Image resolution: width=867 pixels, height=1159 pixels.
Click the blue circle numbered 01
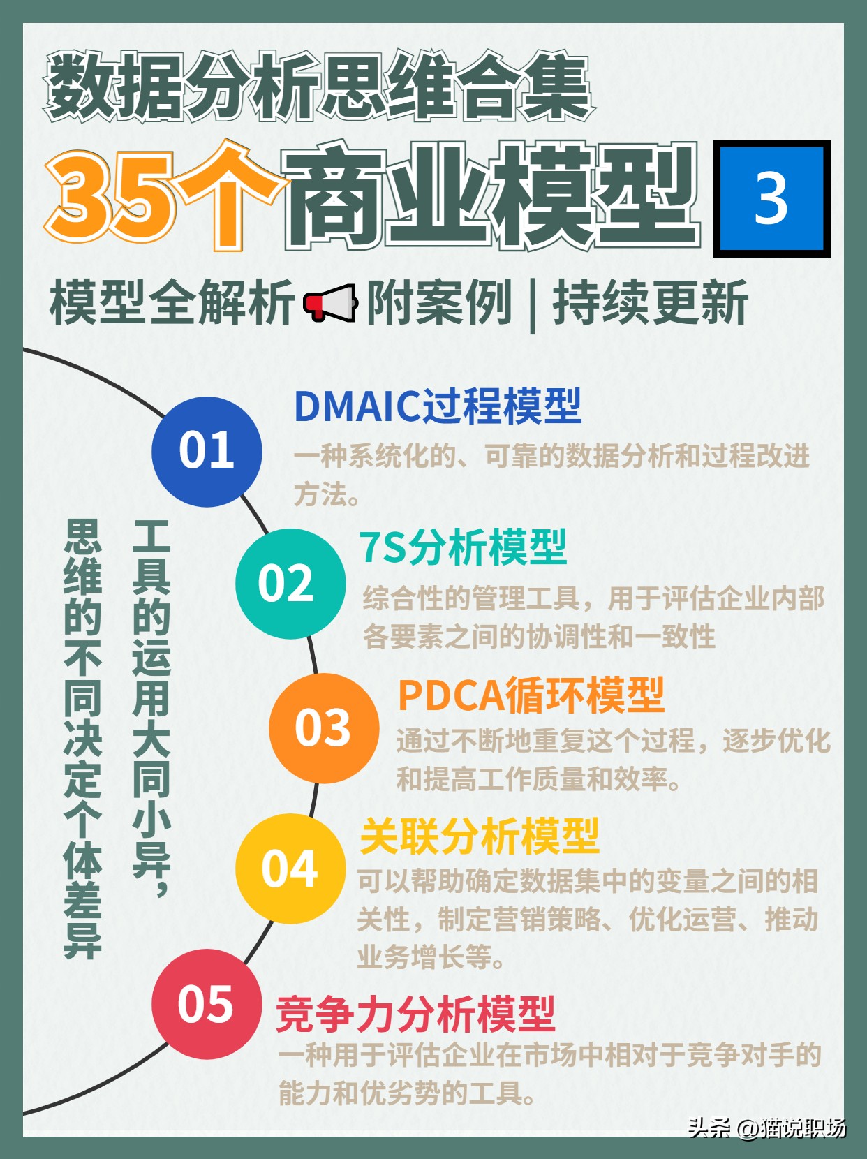[x=207, y=451]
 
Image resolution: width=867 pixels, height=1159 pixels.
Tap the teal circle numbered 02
[x=290, y=583]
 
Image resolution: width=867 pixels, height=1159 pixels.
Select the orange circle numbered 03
[x=323, y=728]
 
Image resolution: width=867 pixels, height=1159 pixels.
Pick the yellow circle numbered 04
[x=290, y=869]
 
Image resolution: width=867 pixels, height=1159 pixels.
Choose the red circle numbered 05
[x=207, y=1004]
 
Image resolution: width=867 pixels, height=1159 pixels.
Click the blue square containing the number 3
[x=771, y=198]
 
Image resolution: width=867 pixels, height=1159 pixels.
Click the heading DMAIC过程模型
[x=438, y=406]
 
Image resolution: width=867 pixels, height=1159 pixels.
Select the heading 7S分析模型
[x=463, y=547]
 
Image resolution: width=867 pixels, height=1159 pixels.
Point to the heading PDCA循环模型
[x=531, y=695]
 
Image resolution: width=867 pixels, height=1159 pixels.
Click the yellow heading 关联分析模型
[x=480, y=836]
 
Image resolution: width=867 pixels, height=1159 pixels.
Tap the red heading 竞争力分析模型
[x=415, y=1014]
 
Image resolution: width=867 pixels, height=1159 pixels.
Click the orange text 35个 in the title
[x=164, y=197]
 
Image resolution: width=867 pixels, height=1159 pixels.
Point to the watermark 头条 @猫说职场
[x=766, y=1127]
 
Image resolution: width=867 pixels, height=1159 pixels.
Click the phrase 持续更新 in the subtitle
[x=650, y=303]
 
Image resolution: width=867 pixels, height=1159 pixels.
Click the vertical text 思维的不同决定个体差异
[x=82, y=738]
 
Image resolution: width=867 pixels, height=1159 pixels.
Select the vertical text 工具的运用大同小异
[x=151, y=705]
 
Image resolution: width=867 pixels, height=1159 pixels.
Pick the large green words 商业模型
[x=491, y=197]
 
